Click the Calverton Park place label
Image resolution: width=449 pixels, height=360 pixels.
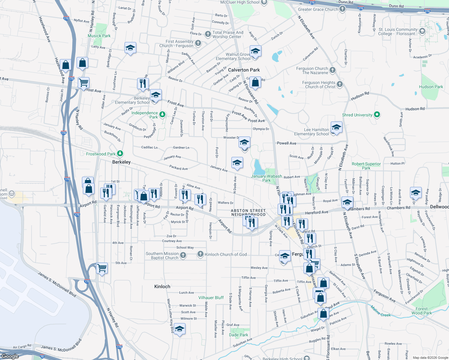pyautogui.click(x=244, y=70)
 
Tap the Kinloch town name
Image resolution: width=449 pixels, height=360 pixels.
pyautogui.click(x=162, y=286)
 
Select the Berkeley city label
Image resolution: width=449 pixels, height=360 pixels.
pyautogui.click(x=121, y=162)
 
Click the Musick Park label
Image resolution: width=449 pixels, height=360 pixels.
pyautogui.click(x=99, y=36)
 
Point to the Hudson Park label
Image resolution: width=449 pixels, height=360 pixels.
pyautogui.click(x=431, y=87)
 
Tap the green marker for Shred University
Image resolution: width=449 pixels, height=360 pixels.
pyautogui.click(x=377, y=115)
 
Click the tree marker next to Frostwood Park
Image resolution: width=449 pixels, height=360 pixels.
pyautogui.click(x=120, y=154)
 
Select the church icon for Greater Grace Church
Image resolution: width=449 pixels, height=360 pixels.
pyautogui.click(x=342, y=9)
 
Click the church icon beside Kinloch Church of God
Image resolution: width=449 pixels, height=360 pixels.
pyautogui.click(x=200, y=254)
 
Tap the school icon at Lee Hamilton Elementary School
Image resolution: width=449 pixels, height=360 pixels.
pyautogui.click(x=336, y=128)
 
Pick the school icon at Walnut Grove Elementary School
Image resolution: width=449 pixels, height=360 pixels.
pyautogui.click(x=255, y=51)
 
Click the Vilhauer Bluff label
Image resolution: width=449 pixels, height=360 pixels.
pyautogui.click(x=211, y=298)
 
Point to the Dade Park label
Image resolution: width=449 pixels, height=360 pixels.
pyautogui.click(x=239, y=335)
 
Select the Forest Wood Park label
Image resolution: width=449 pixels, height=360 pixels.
pyautogui.click(x=421, y=311)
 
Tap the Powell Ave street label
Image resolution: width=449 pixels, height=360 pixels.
pyautogui.click(x=286, y=143)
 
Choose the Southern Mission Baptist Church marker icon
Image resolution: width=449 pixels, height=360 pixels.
pyautogui.click(x=183, y=255)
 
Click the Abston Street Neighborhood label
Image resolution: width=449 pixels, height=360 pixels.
pyautogui.click(x=248, y=212)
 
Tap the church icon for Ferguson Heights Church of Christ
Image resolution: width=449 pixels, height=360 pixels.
pyautogui.click(x=339, y=84)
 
